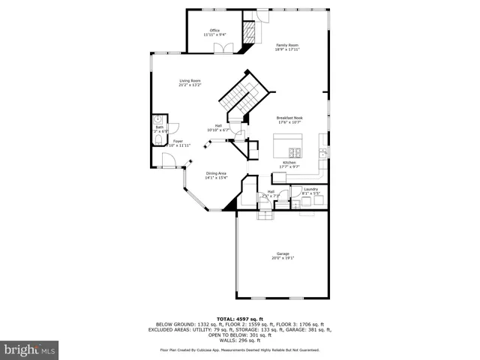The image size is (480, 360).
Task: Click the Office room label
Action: point(214,30)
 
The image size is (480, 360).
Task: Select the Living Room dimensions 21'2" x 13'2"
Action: point(190,85)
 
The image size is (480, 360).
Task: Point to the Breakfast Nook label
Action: point(289,118)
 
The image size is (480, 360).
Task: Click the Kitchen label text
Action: point(289,162)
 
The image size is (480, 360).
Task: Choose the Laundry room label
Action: point(310,189)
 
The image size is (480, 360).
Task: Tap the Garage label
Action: point(282,253)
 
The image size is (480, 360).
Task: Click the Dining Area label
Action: point(216,173)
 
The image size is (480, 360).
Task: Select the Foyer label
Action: point(178,141)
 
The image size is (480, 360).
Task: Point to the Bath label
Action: point(159,127)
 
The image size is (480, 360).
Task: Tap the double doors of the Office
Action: point(222,49)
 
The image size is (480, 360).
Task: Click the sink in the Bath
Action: point(158,119)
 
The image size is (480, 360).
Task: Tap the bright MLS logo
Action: point(30,349)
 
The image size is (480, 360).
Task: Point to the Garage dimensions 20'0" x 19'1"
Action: point(282,258)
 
